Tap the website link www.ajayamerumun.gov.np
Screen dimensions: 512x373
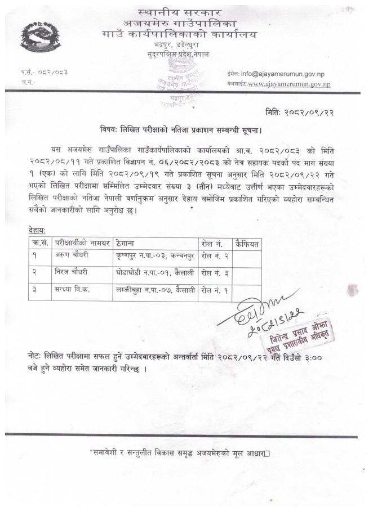tap(288, 84)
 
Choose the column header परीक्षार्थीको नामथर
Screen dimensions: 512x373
tap(82, 244)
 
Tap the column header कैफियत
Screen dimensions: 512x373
tap(247, 244)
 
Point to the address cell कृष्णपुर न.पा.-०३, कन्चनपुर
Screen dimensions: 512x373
tap(154, 257)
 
